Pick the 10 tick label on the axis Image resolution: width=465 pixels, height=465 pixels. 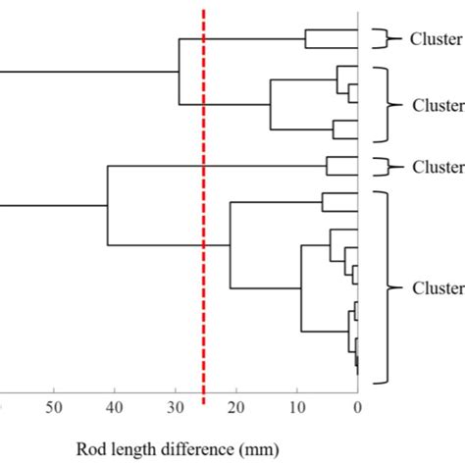click(x=297, y=407)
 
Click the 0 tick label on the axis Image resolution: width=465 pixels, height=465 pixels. click(x=357, y=407)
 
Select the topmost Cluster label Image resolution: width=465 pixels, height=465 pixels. click(x=438, y=39)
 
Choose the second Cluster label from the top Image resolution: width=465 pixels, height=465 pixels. click(x=438, y=105)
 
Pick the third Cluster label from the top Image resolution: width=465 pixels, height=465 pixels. click(x=438, y=166)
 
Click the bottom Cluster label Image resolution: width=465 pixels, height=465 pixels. click(x=438, y=288)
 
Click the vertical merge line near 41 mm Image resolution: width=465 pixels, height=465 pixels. click(x=107, y=205)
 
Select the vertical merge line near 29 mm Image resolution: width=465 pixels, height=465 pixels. click(x=180, y=72)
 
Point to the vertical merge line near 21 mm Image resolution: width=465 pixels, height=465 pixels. click(x=230, y=245)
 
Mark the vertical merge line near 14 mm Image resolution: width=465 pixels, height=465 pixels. click(x=271, y=105)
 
